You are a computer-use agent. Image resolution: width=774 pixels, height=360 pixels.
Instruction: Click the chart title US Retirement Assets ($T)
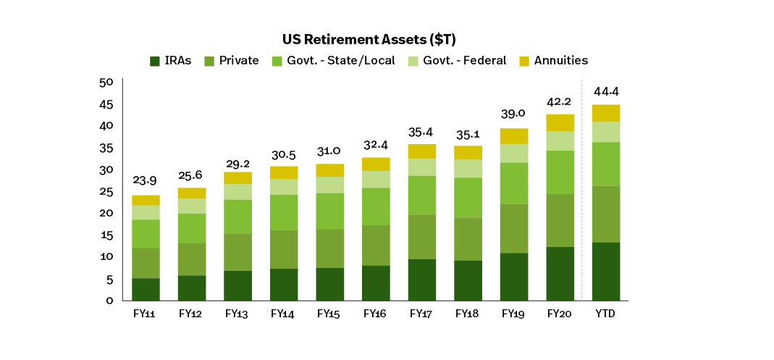click(373, 40)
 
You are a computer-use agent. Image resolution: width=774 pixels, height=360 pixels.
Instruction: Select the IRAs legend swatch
click(154, 62)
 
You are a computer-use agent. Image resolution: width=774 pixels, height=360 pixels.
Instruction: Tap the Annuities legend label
click(561, 61)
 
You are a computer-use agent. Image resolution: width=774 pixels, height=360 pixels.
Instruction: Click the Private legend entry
click(231, 61)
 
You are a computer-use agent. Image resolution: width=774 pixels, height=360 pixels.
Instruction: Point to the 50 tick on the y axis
click(106, 83)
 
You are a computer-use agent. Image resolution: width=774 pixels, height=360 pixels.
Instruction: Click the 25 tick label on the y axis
click(106, 192)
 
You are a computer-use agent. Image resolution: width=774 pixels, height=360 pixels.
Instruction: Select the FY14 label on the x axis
click(284, 314)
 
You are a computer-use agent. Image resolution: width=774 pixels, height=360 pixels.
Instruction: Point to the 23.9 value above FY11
click(145, 181)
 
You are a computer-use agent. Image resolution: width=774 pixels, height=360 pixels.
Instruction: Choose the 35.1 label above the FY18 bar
click(468, 134)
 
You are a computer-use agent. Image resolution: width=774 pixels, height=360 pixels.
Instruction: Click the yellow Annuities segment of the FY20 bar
click(560, 122)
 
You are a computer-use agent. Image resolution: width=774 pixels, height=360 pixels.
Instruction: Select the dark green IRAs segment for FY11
click(146, 290)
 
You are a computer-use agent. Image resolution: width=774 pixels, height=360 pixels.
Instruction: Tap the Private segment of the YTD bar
click(606, 214)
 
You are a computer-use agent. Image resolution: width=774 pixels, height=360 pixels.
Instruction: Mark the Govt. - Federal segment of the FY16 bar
click(376, 179)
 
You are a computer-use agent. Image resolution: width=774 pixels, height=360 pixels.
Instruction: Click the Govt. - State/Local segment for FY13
click(238, 217)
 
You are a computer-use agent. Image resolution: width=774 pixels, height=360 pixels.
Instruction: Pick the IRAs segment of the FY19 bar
click(514, 277)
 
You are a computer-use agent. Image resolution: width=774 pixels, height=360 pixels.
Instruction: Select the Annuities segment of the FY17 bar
click(422, 151)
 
